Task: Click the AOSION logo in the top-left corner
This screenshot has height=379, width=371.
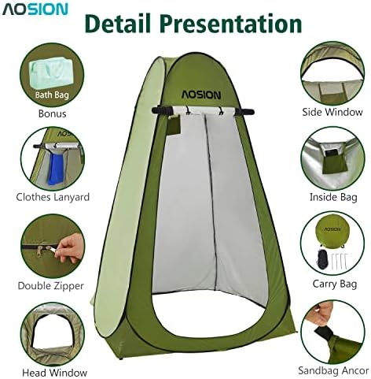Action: coord(35,10)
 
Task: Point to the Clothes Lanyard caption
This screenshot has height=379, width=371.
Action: coord(53,197)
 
